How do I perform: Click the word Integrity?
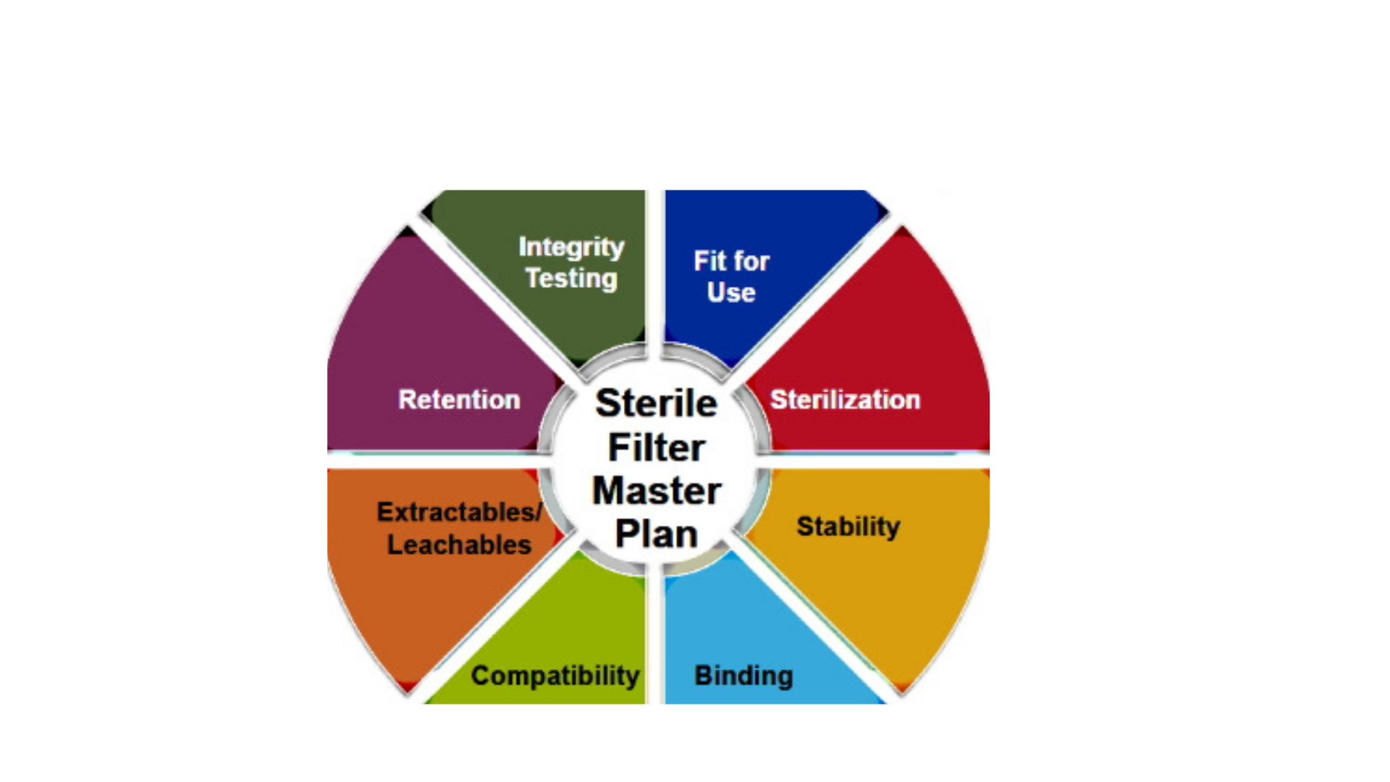571,248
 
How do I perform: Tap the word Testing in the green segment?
571,279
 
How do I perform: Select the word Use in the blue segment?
731,293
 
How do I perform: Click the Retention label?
459,400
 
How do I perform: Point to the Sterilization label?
845,400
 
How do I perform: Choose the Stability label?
848,526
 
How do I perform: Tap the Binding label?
744,676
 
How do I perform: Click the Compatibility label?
555,676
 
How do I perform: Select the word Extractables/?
459,512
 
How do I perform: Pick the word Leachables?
459,545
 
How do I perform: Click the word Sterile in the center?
656,403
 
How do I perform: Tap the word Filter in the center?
656,447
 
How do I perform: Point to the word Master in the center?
656,491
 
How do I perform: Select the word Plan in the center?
656,534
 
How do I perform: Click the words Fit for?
731,261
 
